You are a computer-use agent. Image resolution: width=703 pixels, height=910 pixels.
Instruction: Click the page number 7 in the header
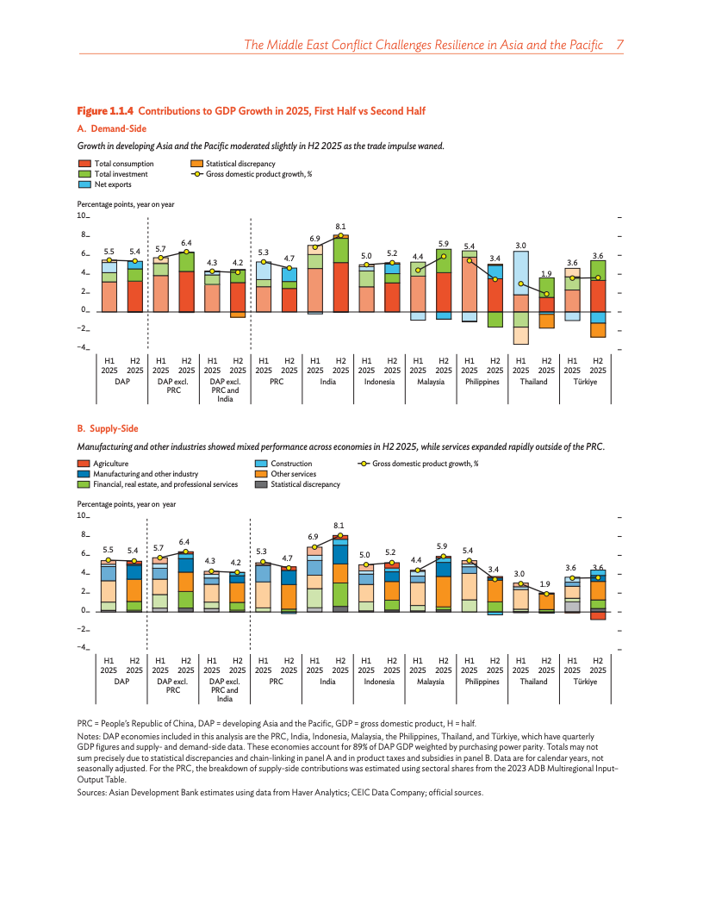619,44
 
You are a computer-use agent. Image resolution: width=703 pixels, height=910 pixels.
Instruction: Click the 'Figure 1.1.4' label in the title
106,111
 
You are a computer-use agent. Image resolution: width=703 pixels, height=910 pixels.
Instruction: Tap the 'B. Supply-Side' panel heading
108,428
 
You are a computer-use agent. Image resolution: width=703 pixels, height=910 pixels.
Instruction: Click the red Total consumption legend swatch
84,164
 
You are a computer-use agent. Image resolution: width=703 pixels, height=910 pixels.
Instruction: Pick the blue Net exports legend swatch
84,184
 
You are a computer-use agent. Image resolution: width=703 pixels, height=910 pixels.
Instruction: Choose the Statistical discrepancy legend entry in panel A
233,164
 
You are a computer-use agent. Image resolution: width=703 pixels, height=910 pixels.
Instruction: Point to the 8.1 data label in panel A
340,227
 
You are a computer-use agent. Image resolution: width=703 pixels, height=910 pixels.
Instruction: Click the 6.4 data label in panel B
184,541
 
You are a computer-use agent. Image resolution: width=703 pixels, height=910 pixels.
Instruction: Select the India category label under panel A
327,382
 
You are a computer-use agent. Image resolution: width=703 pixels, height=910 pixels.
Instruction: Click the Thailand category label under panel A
533,382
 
